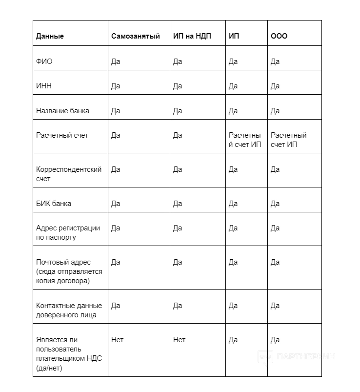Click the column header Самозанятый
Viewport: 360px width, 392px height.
(135, 37)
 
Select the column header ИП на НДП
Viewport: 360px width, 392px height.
(192, 37)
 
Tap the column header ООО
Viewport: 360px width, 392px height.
(279, 37)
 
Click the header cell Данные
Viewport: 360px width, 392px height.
(50, 37)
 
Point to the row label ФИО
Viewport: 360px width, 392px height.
(44, 62)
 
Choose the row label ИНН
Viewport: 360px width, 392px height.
(43, 86)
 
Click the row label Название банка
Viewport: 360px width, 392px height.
(62, 111)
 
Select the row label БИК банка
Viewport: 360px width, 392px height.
(53, 204)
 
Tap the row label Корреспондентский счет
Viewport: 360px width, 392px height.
(69, 174)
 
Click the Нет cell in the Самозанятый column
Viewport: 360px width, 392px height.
(117, 340)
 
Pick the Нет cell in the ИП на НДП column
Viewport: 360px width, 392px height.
(179, 340)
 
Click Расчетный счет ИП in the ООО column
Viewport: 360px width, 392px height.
(288, 140)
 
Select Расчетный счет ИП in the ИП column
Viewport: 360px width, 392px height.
(245, 140)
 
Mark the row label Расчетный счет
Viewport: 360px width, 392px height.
(62, 135)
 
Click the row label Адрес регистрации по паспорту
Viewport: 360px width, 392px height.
(68, 232)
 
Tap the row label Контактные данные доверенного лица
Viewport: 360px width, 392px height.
(69, 310)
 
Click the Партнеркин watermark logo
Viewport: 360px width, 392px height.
(297, 357)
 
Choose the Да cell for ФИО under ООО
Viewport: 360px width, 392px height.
(275, 62)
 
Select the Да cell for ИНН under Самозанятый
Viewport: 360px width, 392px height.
(116, 86)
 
